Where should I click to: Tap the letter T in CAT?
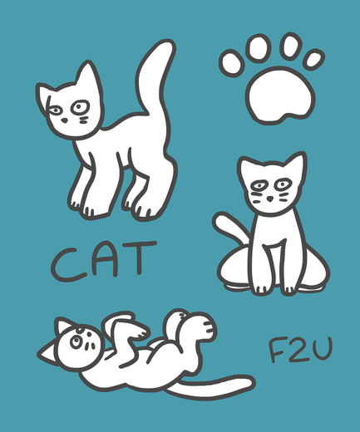[x=141, y=258]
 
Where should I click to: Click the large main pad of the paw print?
[x=280, y=95]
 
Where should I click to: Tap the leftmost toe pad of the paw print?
[x=232, y=63]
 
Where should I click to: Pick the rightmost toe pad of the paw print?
[x=313, y=59]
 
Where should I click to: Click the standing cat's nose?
[x=64, y=120]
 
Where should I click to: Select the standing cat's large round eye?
[x=80, y=107]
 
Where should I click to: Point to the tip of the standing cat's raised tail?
[x=168, y=43]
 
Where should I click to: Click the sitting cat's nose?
[x=270, y=199]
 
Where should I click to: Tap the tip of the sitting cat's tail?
[x=219, y=218]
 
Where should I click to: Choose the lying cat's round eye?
[x=76, y=341]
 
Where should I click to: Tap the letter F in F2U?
[x=276, y=350]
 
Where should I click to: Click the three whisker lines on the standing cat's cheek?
[x=84, y=120]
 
